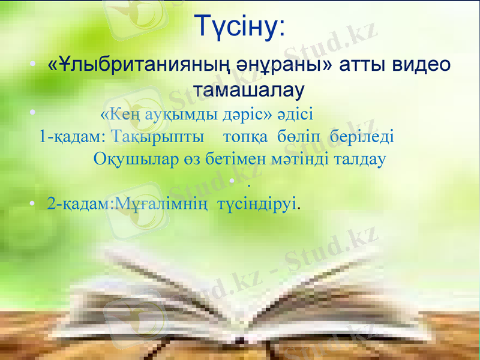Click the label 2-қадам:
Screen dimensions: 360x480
pos(79,204)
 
